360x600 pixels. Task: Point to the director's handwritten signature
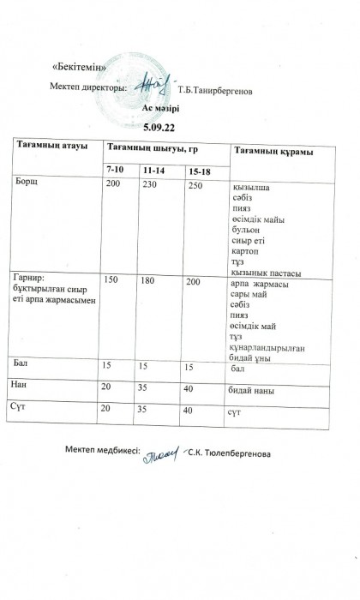[x=144, y=85]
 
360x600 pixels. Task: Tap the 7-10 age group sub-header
[x=114, y=171]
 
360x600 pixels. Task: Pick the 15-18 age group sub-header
[x=200, y=172]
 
